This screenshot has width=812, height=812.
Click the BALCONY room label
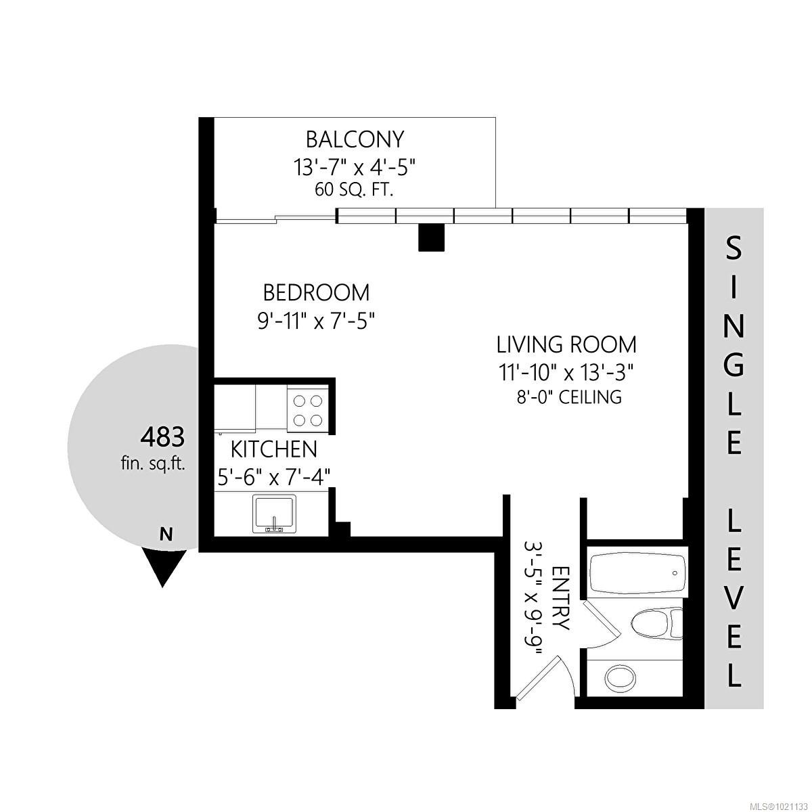(355, 139)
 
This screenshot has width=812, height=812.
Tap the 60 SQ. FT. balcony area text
(355, 189)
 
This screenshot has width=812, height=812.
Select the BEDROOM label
(316, 293)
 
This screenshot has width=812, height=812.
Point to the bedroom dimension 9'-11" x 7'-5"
(316, 319)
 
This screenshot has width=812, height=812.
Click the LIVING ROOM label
(566, 344)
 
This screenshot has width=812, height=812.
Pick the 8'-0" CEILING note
(568, 397)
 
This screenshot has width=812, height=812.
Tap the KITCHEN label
(273, 449)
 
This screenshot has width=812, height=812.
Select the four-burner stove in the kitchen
(307, 409)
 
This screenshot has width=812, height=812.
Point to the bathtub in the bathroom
(636, 573)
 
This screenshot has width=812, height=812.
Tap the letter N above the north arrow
(165, 535)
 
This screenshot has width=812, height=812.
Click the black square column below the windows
(431, 238)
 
